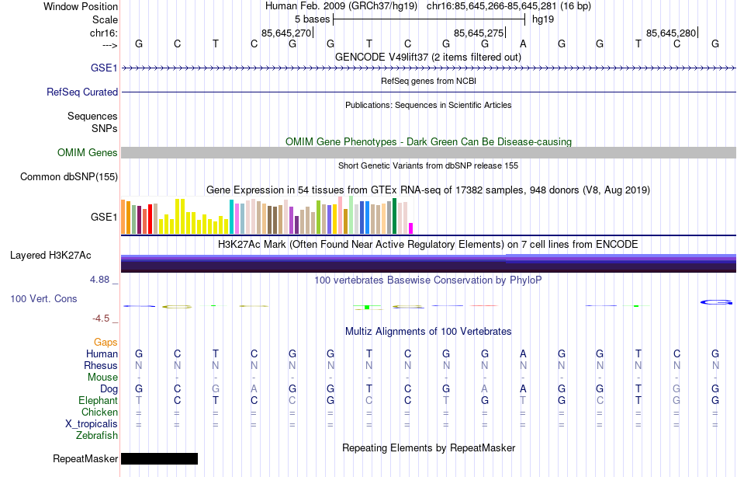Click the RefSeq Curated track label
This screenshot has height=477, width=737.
pos(82,92)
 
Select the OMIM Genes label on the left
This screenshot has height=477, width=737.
pos(88,152)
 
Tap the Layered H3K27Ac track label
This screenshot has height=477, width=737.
pos(50,255)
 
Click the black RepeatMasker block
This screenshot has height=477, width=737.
pos(159,458)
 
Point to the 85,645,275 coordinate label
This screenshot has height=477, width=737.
pos(479,33)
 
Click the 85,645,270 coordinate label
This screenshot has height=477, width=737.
pos(286,33)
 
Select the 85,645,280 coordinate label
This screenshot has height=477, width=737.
pos(671,33)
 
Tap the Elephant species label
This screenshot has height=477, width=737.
pos(99,400)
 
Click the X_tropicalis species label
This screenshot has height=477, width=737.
pos(92,423)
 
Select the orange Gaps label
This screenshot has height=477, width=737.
pos(106,342)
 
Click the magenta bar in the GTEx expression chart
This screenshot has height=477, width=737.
pos(411,228)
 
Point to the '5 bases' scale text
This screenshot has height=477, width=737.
pos(312,18)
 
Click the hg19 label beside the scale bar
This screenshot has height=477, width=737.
pos(543,18)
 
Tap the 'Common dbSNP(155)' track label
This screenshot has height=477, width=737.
pos(69,176)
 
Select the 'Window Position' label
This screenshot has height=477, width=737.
pos(81,6)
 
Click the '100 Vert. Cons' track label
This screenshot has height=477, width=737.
pos(43,298)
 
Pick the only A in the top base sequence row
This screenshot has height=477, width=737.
pos(523,44)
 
